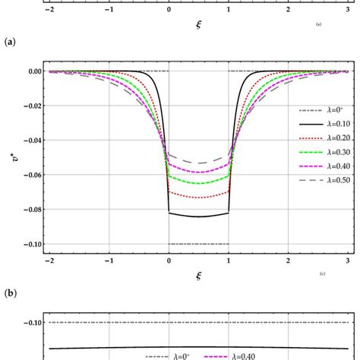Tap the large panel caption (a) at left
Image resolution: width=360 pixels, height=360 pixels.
(x=11, y=43)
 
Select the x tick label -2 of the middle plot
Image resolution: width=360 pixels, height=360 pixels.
(x=49, y=260)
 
